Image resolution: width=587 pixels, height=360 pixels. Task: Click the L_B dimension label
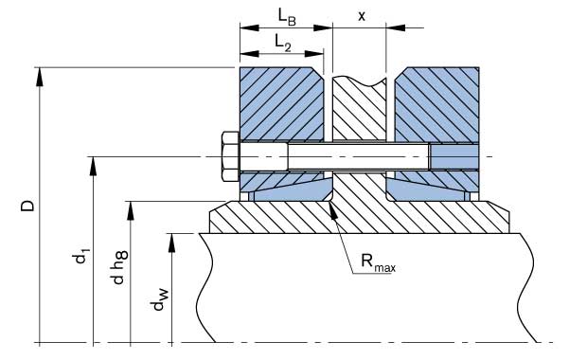pyautogui.click(x=287, y=17)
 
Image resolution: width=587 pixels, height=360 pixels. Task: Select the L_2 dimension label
pyautogui.click(x=283, y=43)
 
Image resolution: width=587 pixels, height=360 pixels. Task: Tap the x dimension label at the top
pyautogui.click(x=362, y=16)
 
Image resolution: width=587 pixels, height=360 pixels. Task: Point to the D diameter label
pyautogui.click(x=27, y=206)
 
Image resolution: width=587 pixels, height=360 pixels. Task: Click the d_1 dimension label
pyautogui.click(x=81, y=257)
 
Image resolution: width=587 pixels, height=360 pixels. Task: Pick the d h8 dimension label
pyautogui.click(x=119, y=267)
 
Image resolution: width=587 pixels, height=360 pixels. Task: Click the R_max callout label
pyautogui.click(x=378, y=261)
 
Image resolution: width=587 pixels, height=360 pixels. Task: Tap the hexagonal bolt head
pyautogui.click(x=230, y=156)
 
